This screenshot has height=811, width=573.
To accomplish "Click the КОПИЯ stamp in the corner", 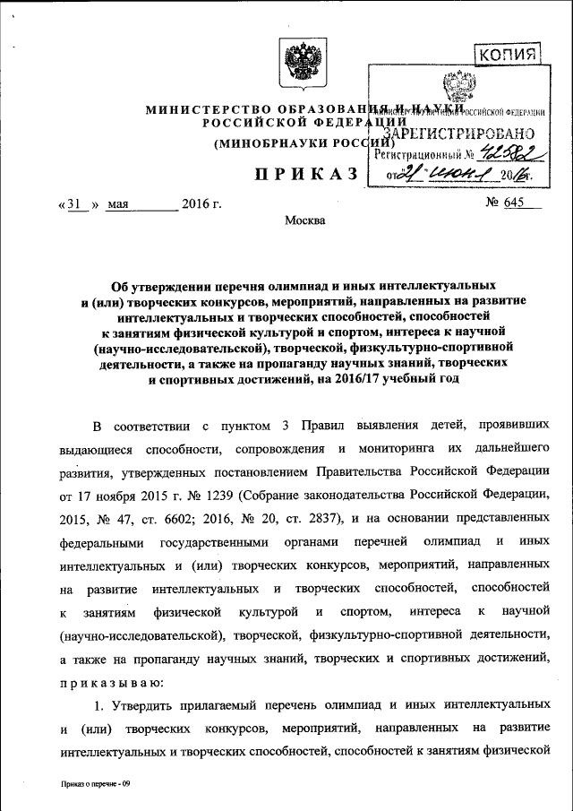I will pyautogui.click(x=507, y=56).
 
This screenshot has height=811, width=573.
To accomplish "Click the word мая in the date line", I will pyautogui.click(x=118, y=203).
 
